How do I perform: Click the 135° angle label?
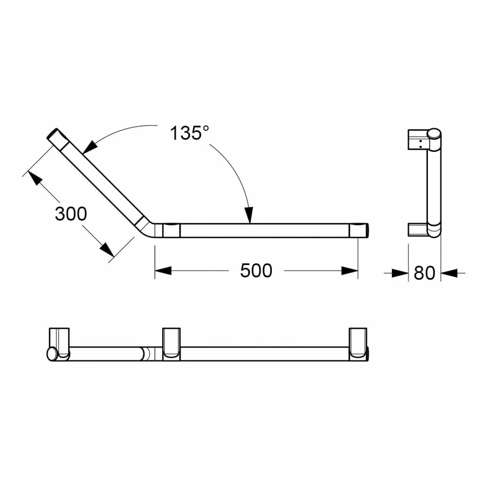189,133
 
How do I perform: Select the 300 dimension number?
71,214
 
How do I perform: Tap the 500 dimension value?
256,271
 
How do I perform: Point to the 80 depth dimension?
424,273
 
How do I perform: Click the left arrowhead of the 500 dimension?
163,271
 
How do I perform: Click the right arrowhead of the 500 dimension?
349,271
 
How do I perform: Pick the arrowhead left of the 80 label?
400,273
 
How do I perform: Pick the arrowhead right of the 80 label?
449,273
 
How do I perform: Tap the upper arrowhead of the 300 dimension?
35,178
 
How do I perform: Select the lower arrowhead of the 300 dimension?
107,250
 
